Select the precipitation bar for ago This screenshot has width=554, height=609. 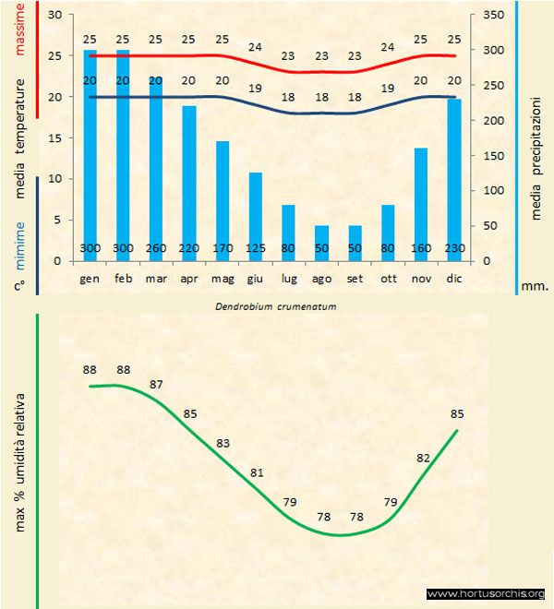(321, 243)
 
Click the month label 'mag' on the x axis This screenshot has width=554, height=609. (223, 277)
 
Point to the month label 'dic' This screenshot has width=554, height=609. (453, 277)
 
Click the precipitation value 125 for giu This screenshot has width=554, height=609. (256, 249)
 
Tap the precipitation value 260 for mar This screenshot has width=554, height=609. (157, 249)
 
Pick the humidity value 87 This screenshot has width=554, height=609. (157, 384)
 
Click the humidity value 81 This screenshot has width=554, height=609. (257, 473)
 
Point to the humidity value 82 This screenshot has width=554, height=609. (424, 458)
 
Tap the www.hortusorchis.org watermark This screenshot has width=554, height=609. (487, 594)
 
